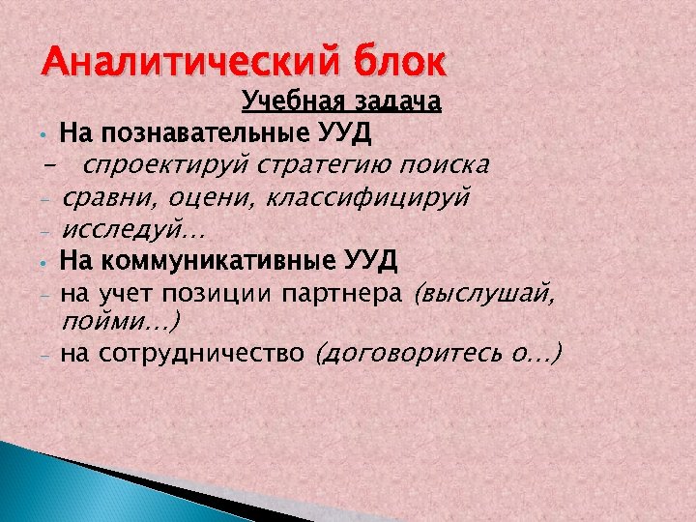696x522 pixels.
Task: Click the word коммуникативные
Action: pos(219,261)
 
